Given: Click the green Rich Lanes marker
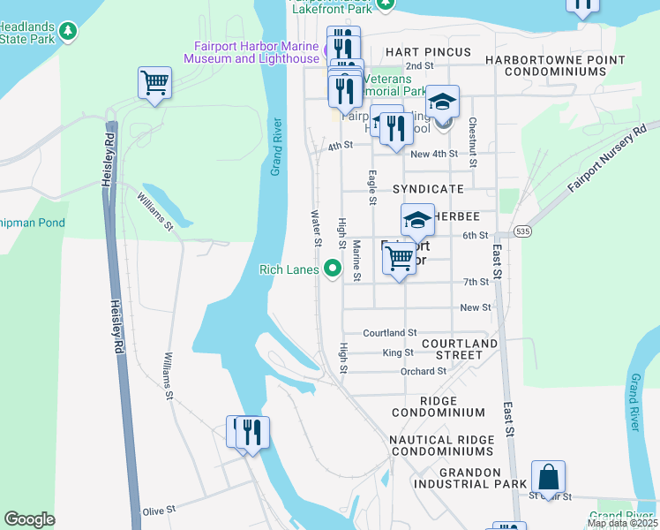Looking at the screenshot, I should point(333,268).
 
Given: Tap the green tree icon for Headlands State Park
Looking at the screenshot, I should point(68,32).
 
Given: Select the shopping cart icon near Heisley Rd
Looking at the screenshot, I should point(154,83).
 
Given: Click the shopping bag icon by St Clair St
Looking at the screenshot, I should point(548,477).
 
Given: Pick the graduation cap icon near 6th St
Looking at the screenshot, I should point(417,219).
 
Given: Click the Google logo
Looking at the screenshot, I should point(29,519).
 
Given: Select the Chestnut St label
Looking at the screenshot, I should point(473,142).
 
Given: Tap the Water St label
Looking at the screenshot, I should point(315,228).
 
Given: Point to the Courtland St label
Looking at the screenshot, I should point(389,333).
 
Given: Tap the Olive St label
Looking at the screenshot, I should point(160,511).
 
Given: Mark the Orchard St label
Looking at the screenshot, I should point(423,372).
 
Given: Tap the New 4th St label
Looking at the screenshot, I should point(434,154).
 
